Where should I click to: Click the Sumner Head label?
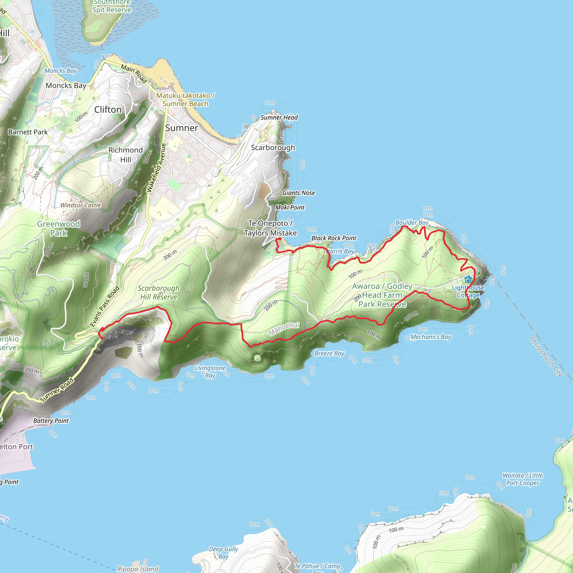[279, 118]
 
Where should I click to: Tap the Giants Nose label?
[298, 193]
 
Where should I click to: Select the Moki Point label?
[290, 208]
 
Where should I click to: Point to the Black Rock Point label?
[334, 238]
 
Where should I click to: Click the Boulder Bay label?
[412, 222]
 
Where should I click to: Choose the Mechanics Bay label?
[431, 337]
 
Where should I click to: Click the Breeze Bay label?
[329, 353]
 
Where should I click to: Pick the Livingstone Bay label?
[210, 372]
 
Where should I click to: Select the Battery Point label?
[51, 421]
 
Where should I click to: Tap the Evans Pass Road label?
[105, 306]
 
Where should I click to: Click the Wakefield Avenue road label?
[156, 168]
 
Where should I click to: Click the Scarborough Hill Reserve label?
[159, 292]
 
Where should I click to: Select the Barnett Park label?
[28, 132]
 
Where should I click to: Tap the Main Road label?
[134, 73]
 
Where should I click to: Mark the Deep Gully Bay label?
[223, 553]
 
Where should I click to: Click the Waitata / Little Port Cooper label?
[523, 479]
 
